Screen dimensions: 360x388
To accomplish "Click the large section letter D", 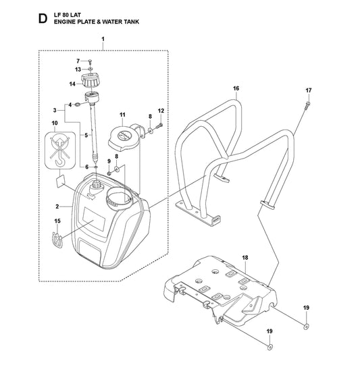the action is pos(43,19).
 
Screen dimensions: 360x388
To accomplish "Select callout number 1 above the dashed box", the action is pos(103,39).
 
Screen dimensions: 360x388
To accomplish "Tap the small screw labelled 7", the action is pos(90,61).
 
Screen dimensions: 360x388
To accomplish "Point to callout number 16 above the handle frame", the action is pos(236,88).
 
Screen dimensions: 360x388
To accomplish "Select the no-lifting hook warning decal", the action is pos(60,150).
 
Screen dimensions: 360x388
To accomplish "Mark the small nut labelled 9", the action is pos(109,172).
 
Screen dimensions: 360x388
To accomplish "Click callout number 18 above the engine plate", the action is pos(245,258).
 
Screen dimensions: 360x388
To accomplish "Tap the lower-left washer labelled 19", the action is pos(269,347).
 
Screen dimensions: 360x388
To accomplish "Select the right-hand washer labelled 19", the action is pos(306,327).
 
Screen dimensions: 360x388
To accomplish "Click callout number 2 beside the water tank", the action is pos(57,206).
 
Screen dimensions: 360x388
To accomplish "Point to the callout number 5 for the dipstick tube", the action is pos(86,135).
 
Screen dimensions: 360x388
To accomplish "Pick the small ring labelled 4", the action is pos(77,105).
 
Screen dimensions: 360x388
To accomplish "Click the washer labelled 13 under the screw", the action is pos(91,69).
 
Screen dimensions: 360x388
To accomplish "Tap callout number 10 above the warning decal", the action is pos(55,123).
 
